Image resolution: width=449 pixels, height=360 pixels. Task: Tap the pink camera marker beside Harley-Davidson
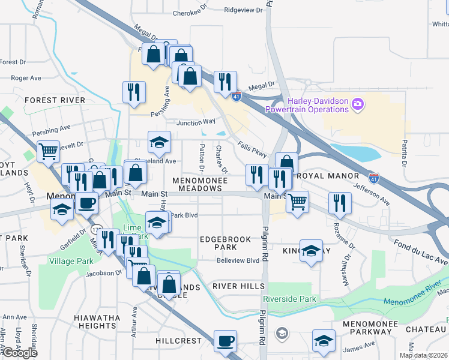coord(358,105)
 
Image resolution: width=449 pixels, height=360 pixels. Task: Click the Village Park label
coord(71,261)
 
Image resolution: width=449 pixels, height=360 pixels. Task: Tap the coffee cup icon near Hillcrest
coord(225,341)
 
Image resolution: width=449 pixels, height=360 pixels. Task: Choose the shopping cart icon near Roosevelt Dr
coord(48,151)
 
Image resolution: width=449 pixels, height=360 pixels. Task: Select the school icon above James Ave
coord(324,341)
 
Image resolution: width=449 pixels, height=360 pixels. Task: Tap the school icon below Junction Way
coord(160,143)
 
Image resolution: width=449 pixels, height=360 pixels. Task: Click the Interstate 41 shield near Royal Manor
coord(374,178)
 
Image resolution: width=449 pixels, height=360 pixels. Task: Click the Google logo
coord(19,352)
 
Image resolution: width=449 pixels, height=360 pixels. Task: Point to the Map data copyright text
coord(424,355)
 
